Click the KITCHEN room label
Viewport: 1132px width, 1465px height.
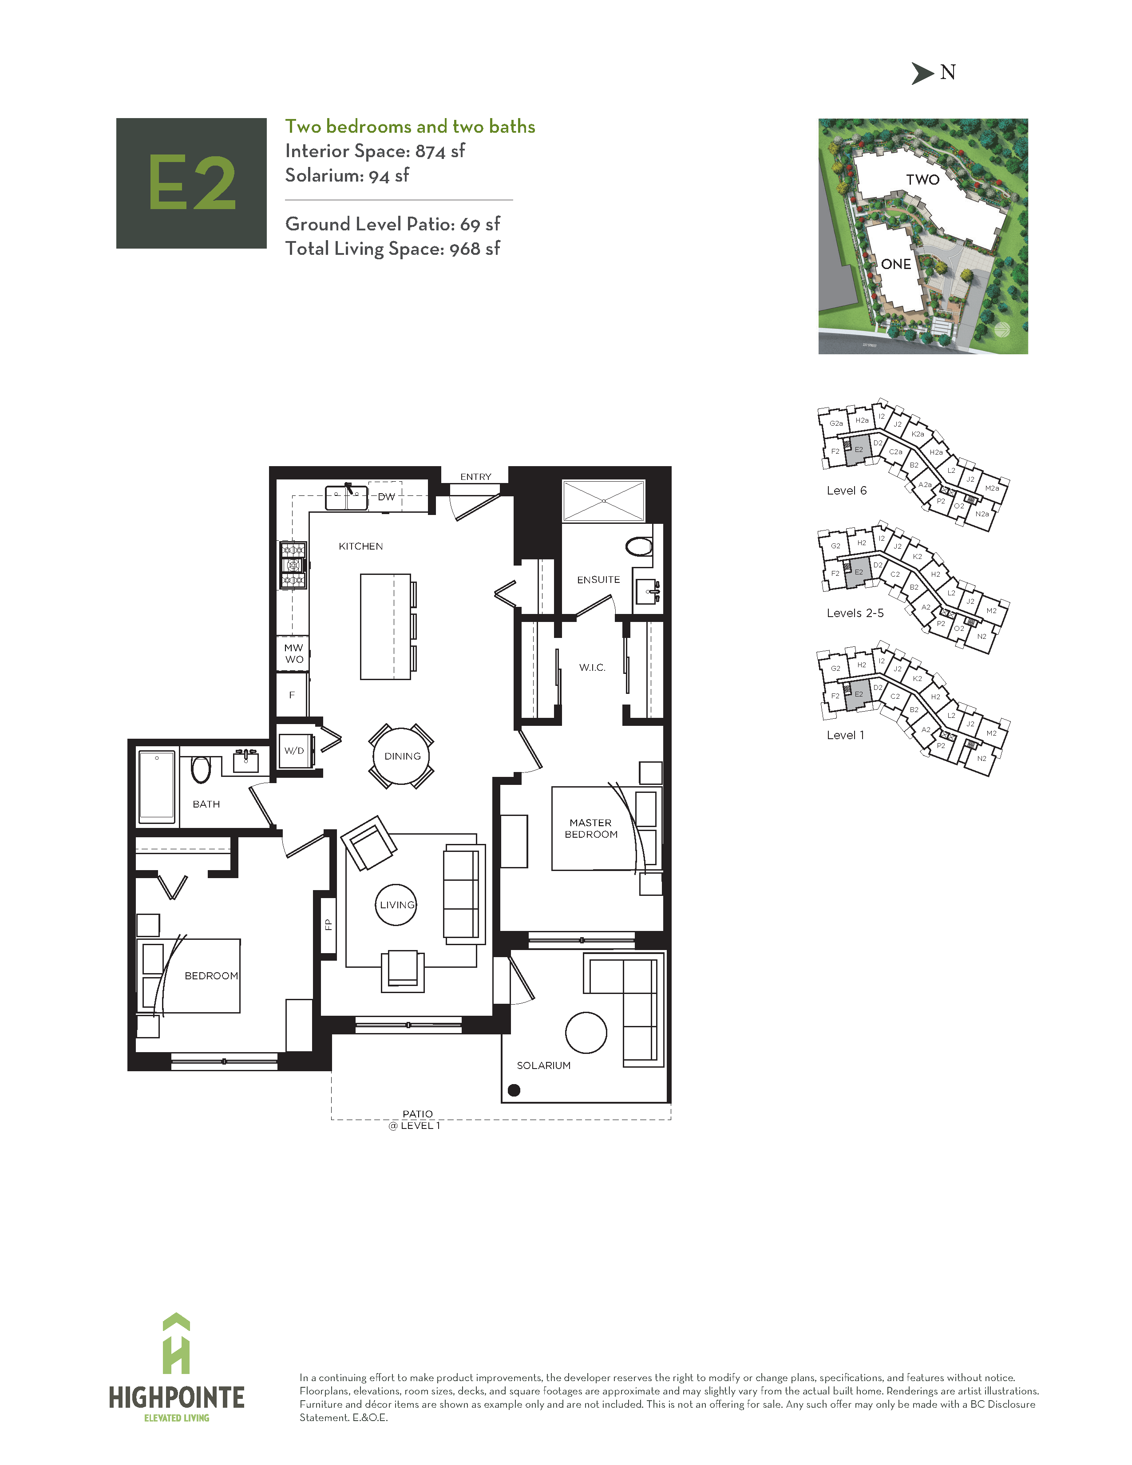coord(361,546)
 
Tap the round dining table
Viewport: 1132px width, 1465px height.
coord(401,756)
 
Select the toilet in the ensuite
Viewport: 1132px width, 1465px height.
coord(639,546)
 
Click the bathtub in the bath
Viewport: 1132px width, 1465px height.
coord(157,787)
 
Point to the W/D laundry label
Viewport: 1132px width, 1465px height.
coord(294,751)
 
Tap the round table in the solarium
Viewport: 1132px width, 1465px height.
coord(586,1032)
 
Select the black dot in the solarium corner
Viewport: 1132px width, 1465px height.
coord(515,1090)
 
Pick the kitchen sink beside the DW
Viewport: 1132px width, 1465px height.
coord(346,498)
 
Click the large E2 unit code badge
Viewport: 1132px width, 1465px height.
coord(192,183)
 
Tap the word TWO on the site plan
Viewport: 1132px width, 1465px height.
coord(923,180)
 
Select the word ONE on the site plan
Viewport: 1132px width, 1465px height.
coord(896,264)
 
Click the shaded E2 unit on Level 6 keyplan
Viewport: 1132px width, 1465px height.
coord(858,450)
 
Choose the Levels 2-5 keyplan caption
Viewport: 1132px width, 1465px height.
coord(855,613)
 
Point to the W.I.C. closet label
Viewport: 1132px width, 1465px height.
coord(592,667)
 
